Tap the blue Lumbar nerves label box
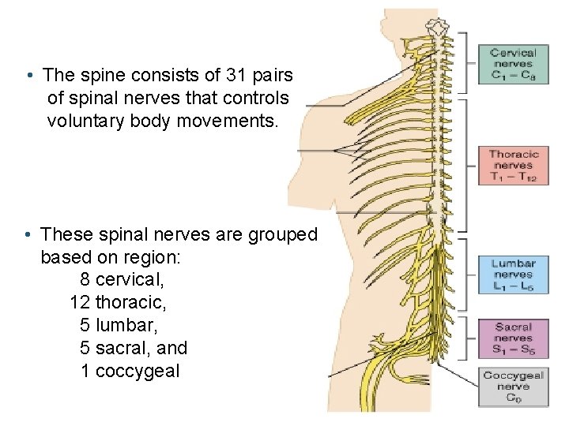tap(513, 275)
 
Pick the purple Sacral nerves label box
tap(513, 338)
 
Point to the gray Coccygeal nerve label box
tap(513, 387)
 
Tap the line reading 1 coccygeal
tap(130, 370)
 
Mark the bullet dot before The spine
tap(28, 77)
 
